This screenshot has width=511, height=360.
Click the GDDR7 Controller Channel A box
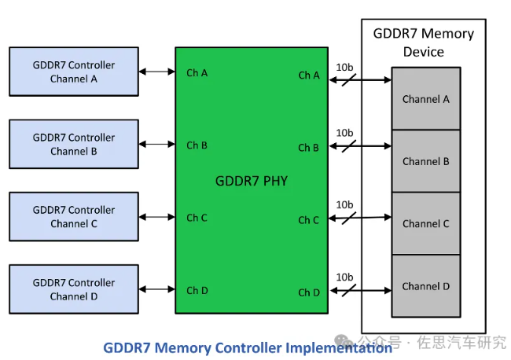[73, 72]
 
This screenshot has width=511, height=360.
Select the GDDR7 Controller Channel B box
[73, 144]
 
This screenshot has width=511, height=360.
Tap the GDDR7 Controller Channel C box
[73, 217]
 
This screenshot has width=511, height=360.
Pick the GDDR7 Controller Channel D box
[73, 289]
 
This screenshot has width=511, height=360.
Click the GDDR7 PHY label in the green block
[251, 181]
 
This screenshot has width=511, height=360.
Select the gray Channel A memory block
[425, 99]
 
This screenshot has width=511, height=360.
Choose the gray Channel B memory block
[425, 161]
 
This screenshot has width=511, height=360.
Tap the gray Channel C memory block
[425, 223]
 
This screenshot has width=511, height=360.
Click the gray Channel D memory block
[425, 286]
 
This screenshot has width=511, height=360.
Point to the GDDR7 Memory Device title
[423, 42]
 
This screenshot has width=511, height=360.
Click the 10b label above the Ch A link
[344, 67]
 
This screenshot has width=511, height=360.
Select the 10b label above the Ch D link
[344, 277]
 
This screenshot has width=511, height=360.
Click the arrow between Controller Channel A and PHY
[156, 72]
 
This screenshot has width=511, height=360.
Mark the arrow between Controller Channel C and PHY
[156, 218]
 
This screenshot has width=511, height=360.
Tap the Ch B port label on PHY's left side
[197, 145]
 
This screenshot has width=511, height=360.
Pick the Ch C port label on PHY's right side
[308, 220]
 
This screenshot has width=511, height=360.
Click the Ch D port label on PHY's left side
[197, 291]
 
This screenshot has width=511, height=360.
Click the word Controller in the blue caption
[250, 347]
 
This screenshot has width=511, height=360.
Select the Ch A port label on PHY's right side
[308, 75]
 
